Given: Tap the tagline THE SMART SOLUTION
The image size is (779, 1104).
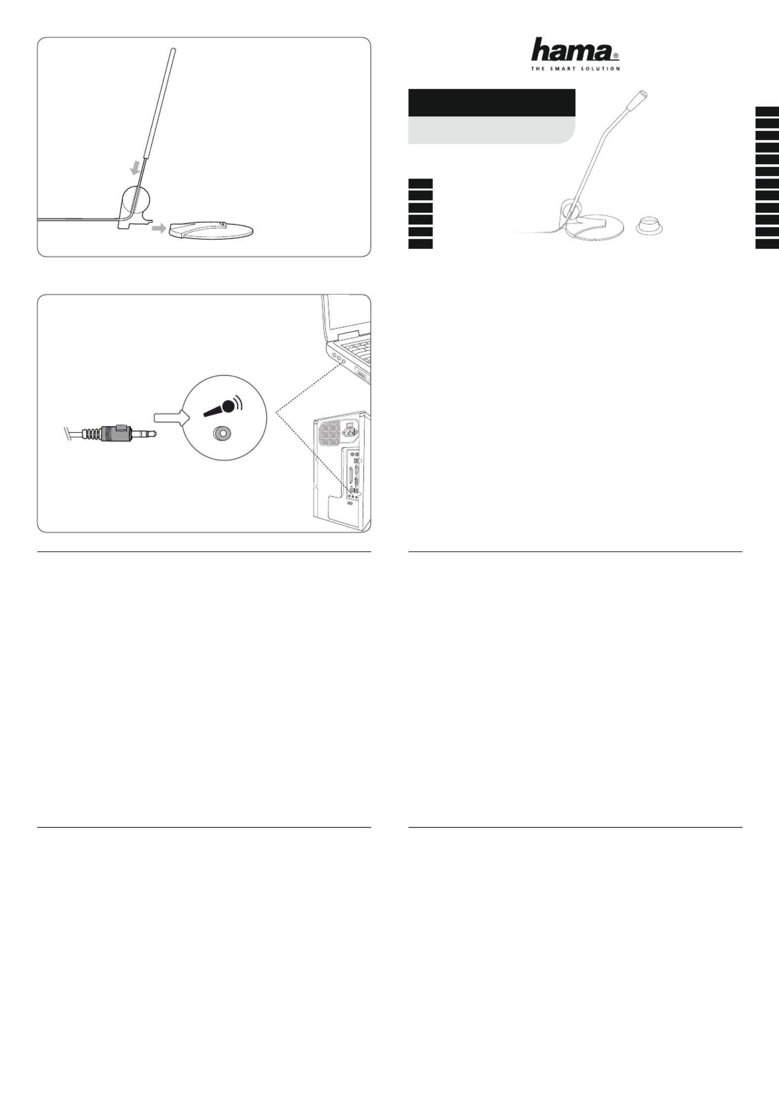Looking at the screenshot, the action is tap(575, 68).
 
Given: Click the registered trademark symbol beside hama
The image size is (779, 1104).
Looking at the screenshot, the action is tap(616, 56).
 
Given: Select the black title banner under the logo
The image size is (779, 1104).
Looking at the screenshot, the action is tap(491, 102).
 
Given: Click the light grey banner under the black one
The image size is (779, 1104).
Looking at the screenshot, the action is tap(491, 131).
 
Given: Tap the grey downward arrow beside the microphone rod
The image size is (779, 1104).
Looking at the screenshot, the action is tap(135, 169).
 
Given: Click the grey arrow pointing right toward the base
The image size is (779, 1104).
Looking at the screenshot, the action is tap(159, 228).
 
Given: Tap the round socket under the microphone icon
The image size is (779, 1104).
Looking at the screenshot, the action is tap(222, 433).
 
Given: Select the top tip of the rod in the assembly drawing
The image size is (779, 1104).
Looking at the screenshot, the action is tap(173, 49).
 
